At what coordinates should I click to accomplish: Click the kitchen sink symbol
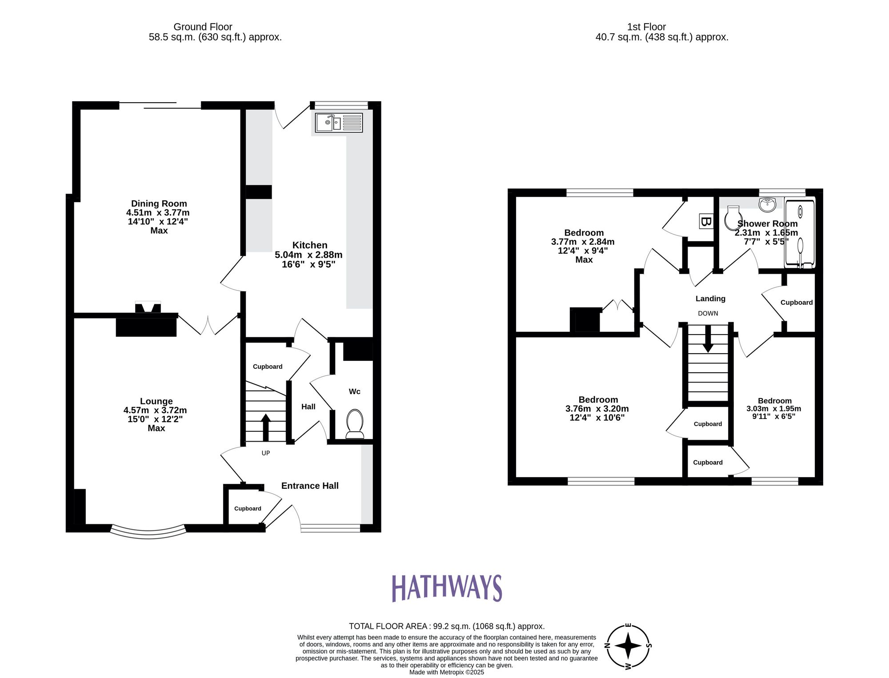pos(339,122)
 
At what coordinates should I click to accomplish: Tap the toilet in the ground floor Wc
pos(354,423)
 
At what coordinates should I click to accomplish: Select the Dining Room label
pos(159,203)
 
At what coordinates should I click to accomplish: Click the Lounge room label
pos(156,401)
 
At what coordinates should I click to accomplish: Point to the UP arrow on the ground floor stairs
pos(265,426)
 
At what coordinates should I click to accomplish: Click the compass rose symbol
pos(628,646)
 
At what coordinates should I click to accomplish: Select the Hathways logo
pos(446,588)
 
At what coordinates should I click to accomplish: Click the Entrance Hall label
pos(310,486)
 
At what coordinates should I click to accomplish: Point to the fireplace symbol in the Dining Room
pos(148,307)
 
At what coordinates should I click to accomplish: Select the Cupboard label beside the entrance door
pos(248,508)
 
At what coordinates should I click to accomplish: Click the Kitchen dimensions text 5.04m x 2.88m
pos(308,255)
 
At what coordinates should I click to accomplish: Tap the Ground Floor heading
pos(203,27)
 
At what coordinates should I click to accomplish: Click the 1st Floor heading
pos(646,27)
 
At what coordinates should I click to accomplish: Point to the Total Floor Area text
pos(446,626)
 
